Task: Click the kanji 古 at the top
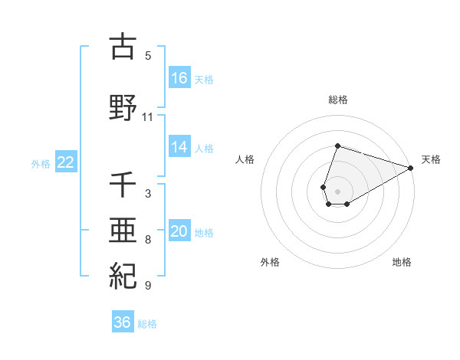(x=123, y=47)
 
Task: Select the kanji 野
(x=123, y=108)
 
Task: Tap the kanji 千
(x=123, y=185)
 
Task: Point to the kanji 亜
(x=123, y=231)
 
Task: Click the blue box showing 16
(x=179, y=78)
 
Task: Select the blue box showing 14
(x=179, y=148)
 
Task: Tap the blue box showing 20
(x=179, y=232)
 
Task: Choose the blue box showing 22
(x=66, y=162)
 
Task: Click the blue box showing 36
(x=123, y=323)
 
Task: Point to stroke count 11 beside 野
(x=147, y=117)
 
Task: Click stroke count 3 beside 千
(x=148, y=194)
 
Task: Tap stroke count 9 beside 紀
(x=148, y=286)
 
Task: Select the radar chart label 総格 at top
(x=338, y=100)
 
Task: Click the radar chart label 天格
(x=431, y=159)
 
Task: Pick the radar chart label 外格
(x=270, y=262)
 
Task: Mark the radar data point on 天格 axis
(x=411, y=168)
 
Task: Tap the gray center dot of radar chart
(x=338, y=191)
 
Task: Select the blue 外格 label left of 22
(x=41, y=163)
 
